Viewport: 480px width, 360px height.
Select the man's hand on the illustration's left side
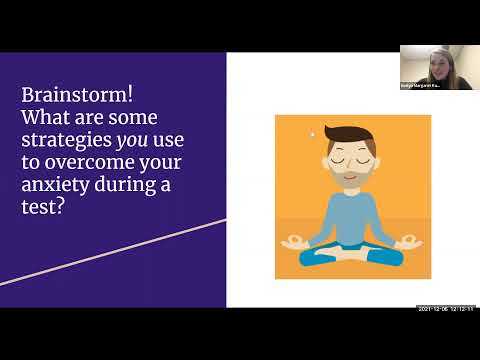[296, 240]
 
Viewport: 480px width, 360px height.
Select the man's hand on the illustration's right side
[407, 240]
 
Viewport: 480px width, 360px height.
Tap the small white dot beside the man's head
[312, 134]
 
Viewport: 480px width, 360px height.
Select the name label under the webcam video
[423, 86]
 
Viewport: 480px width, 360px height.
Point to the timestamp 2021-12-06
[435, 308]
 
